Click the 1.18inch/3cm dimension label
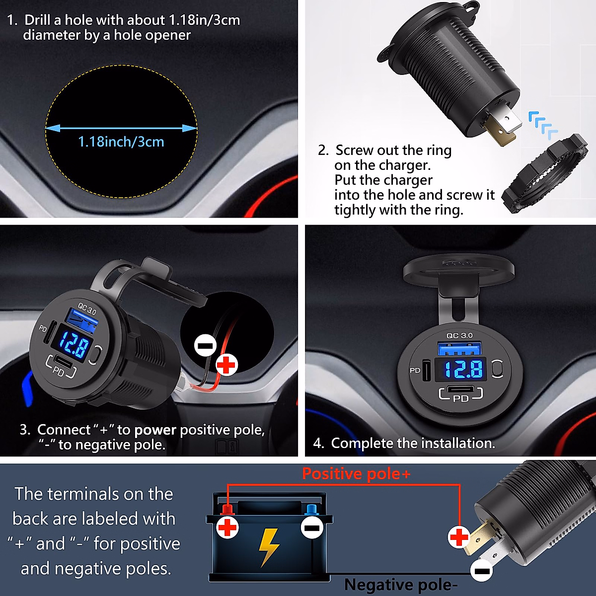(121, 142)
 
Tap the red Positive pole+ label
(356, 474)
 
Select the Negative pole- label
(400, 585)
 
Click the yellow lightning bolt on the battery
(268, 546)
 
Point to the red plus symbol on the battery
(228, 527)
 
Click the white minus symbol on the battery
(312, 527)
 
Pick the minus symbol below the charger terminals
(481, 571)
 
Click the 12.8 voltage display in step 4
(463, 369)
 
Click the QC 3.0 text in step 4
(459, 336)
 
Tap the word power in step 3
(155, 430)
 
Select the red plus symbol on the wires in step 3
(226, 365)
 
